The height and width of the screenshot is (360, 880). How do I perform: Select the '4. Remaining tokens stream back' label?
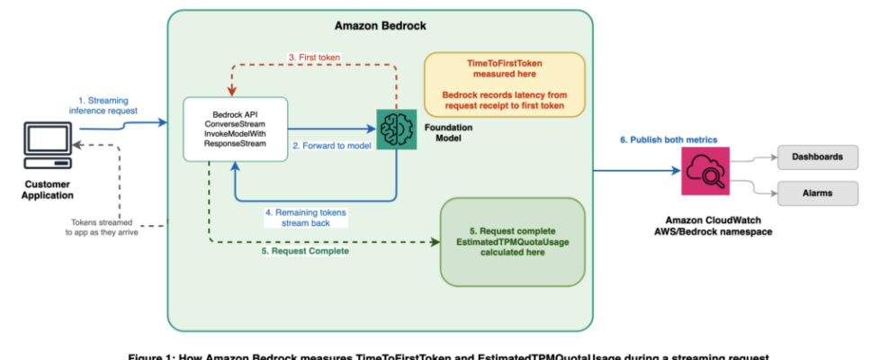pos(306,217)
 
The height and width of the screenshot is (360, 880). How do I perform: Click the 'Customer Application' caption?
pos(49,190)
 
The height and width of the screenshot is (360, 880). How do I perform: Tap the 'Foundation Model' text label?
pos(453,132)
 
